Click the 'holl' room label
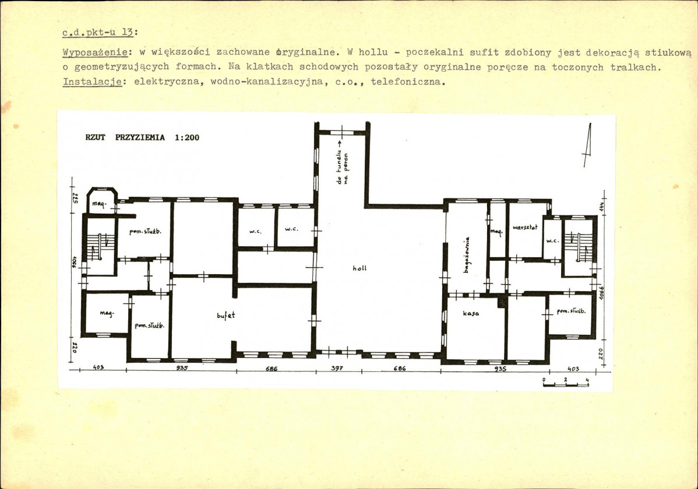click(x=359, y=268)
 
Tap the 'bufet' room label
click(x=226, y=315)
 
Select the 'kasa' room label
click(x=471, y=314)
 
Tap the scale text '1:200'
click(x=187, y=138)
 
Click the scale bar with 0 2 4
click(x=566, y=383)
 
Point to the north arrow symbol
click(x=587, y=145)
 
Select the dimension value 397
click(x=337, y=368)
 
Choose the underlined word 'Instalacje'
click(x=92, y=82)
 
